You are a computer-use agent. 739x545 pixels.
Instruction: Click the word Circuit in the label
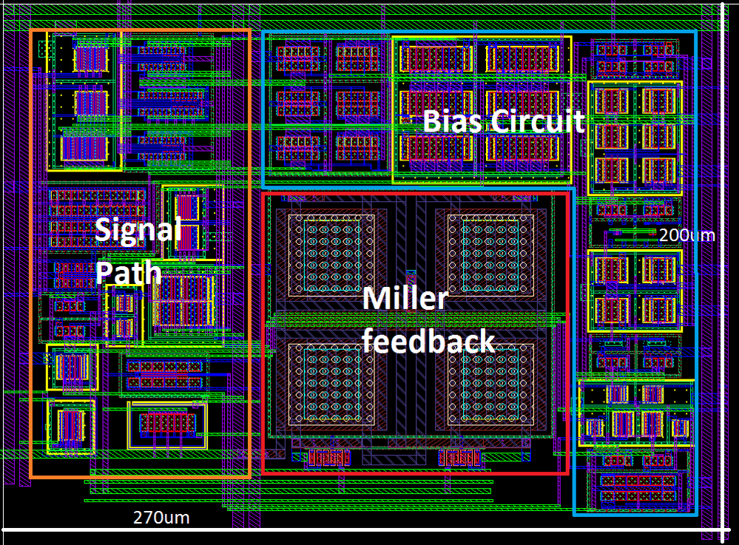pyautogui.click(x=539, y=121)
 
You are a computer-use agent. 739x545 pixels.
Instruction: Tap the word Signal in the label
pyautogui.click(x=138, y=231)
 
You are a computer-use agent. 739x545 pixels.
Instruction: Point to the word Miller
pyautogui.click(x=405, y=299)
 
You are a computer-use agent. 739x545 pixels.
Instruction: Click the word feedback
pyautogui.click(x=428, y=342)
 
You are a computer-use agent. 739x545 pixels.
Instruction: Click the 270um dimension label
pyautogui.click(x=161, y=518)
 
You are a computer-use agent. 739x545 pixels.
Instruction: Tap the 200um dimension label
pyautogui.click(x=687, y=235)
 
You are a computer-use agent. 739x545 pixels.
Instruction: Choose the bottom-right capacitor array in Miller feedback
pyautogui.click(x=488, y=382)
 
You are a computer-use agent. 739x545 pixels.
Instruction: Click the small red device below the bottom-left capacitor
pyautogui.click(x=328, y=458)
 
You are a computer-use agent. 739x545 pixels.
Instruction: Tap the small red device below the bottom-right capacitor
pyautogui.click(x=462, y=458)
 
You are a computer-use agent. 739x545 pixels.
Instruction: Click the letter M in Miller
pyautogui.click(x=377, y=299)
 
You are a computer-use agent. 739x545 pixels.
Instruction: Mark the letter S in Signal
pyautogui.click(x=104, y=231)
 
